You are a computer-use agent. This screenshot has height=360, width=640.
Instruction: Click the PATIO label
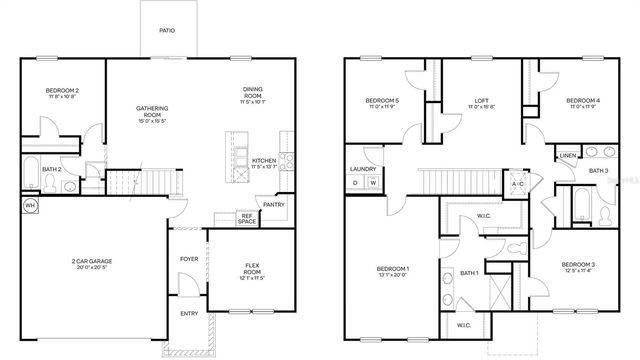(x=168, y=31)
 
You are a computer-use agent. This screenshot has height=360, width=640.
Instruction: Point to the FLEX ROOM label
(x=252, y=267)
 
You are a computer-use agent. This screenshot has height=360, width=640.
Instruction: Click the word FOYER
(x=189, y=258)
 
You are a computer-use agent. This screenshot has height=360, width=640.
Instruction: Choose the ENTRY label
(x=189, y=313)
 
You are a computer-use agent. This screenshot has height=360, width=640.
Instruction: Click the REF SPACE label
(x=246, y=217)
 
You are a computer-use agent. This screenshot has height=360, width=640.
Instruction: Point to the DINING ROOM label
(x=252, y=92)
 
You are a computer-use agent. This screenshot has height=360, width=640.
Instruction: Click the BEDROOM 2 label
(x=62, y=92)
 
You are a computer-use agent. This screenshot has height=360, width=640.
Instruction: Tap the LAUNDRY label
(x=362, y=169)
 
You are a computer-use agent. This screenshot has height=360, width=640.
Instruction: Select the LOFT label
(x=480, y=100)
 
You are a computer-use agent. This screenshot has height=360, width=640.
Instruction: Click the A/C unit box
(x=518, y=184)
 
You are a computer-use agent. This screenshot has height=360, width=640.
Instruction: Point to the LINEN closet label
(x=567, y=156)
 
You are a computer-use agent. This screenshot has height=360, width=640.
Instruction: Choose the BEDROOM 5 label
(x=382, y=100)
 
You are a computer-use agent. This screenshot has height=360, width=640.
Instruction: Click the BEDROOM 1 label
(x=394, y=269)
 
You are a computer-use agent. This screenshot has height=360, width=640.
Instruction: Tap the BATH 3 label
(x=598, y=171)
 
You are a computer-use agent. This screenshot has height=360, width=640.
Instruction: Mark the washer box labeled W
(x=373, y=183)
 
